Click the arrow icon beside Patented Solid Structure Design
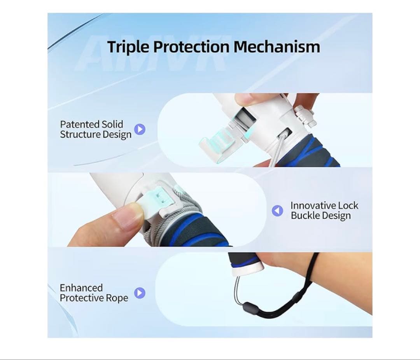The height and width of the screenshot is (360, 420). [140, 129]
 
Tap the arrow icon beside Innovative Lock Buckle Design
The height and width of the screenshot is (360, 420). [277, 211]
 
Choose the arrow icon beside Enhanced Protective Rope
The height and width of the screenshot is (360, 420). [140, 293]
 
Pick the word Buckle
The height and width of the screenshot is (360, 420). [305, 216]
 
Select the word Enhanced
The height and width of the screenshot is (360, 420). [81, 288]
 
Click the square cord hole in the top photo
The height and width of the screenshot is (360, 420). [285, 133]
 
